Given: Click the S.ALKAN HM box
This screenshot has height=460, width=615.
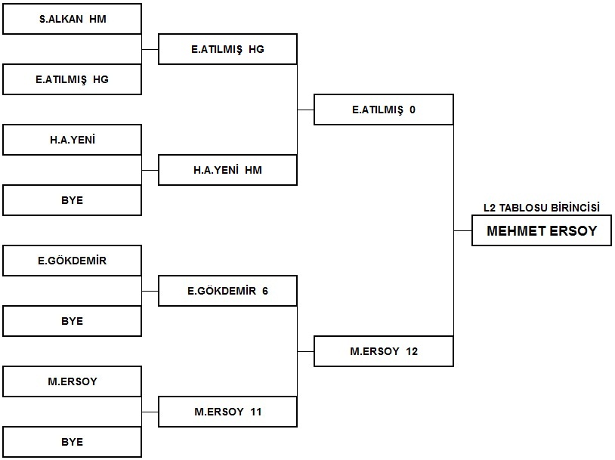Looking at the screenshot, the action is pos(73,19).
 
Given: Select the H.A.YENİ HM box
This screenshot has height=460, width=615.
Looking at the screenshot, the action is pos(227,170).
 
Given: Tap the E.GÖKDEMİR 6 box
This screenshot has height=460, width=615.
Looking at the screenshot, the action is pos(227,291).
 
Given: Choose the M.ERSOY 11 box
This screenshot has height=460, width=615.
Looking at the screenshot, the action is pos(227,412).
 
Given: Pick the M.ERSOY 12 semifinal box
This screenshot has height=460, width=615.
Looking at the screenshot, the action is pos(384,351).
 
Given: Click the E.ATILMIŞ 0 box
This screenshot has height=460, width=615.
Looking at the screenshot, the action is pos(384,110).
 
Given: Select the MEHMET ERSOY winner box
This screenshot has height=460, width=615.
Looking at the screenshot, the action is pos(542,230).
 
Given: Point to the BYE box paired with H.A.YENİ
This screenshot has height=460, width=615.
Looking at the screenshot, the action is pos(73,200).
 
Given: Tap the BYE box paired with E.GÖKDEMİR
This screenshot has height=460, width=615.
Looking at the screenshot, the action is pos(73,321).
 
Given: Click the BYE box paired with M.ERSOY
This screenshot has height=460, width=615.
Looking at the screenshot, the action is pos(73,442).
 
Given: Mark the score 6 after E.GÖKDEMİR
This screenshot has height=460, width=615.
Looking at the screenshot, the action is pos(265,291).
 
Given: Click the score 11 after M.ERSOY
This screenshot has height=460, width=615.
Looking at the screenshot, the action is pos(255,412).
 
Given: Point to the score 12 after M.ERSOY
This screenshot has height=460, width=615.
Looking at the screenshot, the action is pos(412,351).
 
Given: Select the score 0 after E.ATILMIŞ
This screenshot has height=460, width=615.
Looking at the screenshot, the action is pos(413,110).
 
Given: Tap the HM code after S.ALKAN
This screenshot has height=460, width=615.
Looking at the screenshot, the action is pos(97,19).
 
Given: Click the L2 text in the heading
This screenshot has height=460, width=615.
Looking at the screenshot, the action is pos(490,208).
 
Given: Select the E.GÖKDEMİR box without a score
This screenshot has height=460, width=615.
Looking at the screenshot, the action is pos(73,261).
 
